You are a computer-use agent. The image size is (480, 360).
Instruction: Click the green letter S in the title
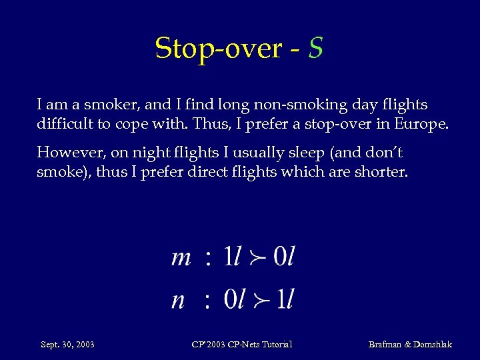pos(316,48)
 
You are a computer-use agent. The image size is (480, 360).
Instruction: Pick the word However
pos(66,153)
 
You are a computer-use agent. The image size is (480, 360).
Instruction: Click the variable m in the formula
pos(181,257)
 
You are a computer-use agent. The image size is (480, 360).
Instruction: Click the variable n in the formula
pos(178,299)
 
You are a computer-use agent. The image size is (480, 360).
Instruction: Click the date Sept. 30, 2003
pos(67,345)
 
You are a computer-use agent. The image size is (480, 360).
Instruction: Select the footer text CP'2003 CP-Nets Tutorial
pos(241,345)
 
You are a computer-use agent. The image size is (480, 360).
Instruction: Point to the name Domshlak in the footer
pos(433,345)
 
